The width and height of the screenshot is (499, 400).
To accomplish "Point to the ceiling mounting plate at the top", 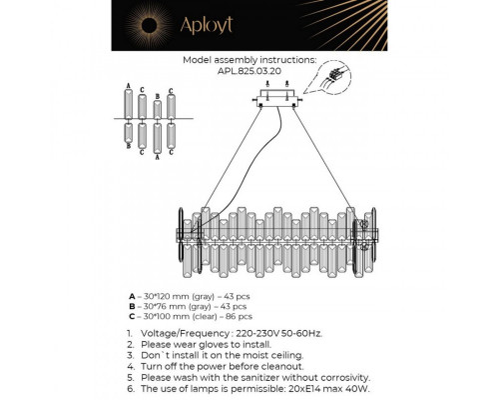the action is pyautogui.click(x=277, y=96).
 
